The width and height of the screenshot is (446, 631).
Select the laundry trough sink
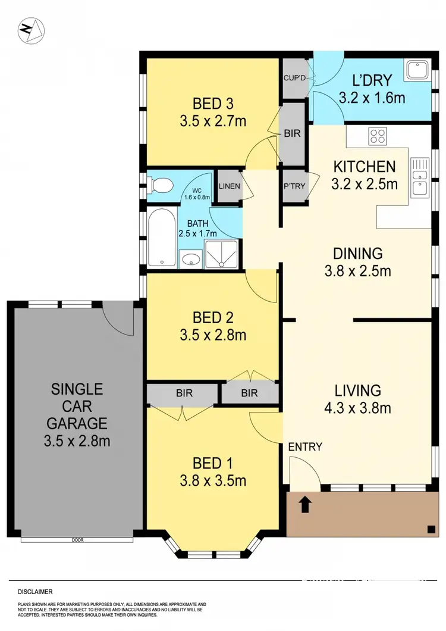click(416, 71)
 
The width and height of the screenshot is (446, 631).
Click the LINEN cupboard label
click(229, 186)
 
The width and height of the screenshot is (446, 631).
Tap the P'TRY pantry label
click(294, 186)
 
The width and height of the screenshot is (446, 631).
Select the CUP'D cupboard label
click(293, 77)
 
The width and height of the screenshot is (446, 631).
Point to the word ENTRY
click(305, 447)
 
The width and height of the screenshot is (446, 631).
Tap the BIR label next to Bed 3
click(293, 133)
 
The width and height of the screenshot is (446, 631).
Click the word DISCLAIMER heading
click(35, 592)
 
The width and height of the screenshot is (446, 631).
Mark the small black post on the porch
click(429, 528)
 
